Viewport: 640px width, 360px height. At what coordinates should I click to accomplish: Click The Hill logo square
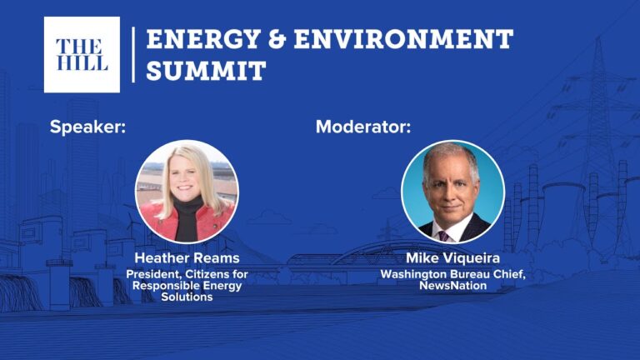(82, 55)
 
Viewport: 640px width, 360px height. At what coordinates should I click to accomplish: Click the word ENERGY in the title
(202, 39)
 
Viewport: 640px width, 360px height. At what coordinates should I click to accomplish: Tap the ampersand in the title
(277, 39)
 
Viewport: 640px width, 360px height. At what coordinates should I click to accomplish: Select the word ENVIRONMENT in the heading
(403, 39)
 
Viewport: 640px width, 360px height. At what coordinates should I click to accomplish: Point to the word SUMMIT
(206, 71)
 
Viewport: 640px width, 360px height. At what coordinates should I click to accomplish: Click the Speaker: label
(87, 127)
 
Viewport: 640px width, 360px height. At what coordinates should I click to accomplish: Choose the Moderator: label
(363, 127)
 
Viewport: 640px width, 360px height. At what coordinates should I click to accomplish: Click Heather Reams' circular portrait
(187, 192)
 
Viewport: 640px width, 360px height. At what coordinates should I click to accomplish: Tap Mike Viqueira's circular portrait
(452, 192)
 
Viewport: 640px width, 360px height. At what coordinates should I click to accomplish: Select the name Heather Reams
(187, 258)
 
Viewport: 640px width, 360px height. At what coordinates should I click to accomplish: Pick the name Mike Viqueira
(452, 258)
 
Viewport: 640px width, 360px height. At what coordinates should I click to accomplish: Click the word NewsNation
(452, 285)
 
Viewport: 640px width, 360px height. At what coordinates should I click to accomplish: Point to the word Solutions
(187, 297)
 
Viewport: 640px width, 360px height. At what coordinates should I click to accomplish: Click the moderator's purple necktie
(443, 236)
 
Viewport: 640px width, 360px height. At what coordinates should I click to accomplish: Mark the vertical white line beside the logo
(133, 55)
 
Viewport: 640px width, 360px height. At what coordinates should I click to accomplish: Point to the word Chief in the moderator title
(511, 274)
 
